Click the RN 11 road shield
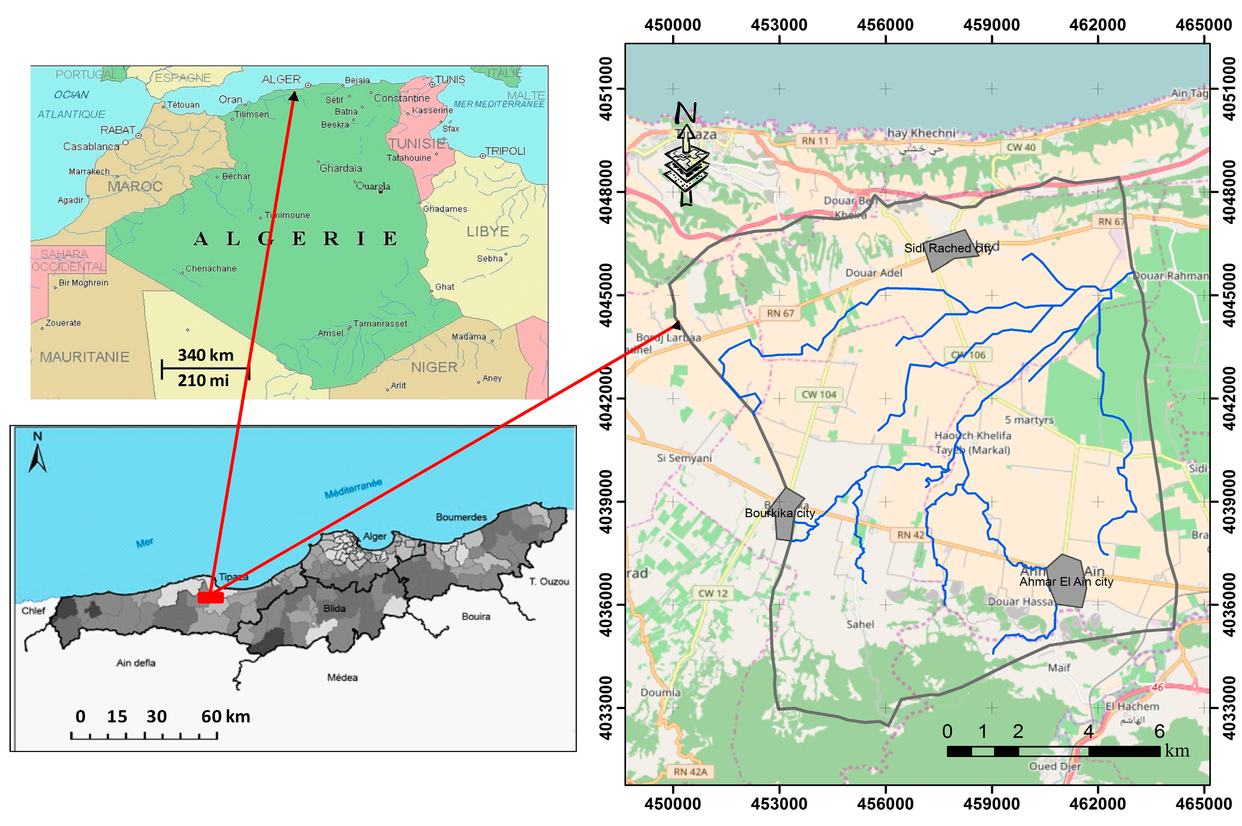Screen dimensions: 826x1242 (x=815, y=141)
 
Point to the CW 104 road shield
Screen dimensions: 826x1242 (x=819, y=394)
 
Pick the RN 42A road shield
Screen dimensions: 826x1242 (x=690, y=772)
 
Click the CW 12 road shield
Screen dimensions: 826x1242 (x=712, y=593)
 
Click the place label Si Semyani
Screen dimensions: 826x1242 (x=684, y=458)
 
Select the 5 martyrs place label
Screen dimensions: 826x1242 (x=1029, y=420)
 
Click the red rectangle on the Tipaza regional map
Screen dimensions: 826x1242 (x=211, y=597)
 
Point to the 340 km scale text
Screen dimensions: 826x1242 (x=205, y=355)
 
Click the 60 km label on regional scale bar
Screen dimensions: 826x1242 (x=225, y=716)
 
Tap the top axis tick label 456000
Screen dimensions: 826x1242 (x=885, y=25)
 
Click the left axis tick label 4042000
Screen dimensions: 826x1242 (x=607, y=399)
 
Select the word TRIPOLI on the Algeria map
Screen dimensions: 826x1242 (x=505, y=151)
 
